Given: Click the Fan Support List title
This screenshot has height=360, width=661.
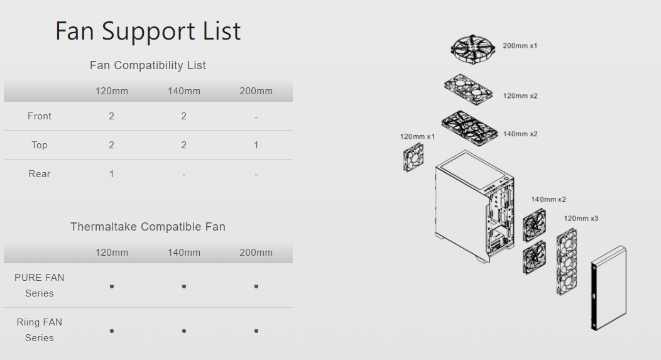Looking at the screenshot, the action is tap(148, 31).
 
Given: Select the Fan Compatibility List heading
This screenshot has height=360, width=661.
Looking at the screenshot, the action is tap(148, 65).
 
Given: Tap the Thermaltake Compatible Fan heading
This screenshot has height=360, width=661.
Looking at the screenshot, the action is tap(148, 227).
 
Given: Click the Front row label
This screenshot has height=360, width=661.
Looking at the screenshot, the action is tap(39, 116).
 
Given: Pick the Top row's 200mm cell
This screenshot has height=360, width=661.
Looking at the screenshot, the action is tap(256, 145).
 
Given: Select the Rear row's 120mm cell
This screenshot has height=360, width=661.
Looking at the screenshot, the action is tap(112, 174).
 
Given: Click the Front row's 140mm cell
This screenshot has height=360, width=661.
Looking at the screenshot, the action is tap(184, 116).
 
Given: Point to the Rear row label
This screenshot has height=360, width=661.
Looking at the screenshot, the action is tap(39, 174).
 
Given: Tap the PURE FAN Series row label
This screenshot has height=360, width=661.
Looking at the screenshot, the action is tap(39, 285).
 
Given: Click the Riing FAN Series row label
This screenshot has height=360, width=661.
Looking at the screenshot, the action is tap(39, 330).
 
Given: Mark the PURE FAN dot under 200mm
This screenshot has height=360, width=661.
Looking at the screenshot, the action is tap(256, 286).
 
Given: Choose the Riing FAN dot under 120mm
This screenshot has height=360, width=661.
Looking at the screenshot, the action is tap(112, 331).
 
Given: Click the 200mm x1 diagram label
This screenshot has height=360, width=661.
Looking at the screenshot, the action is tap(520, 46).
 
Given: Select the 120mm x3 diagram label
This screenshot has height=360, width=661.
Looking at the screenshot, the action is tap(581, 219).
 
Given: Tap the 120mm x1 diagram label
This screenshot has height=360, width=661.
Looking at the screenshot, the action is tap(417, 136).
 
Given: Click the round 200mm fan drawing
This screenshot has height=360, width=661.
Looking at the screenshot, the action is tap(472, 50).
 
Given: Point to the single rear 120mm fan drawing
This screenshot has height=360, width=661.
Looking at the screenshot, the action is tap(413, 157).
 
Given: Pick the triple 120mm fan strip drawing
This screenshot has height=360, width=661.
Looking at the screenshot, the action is tap(567, 262).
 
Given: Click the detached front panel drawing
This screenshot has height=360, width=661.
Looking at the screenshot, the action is tap(608, 288).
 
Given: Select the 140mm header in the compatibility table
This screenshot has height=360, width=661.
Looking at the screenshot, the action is tap(184, 91).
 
